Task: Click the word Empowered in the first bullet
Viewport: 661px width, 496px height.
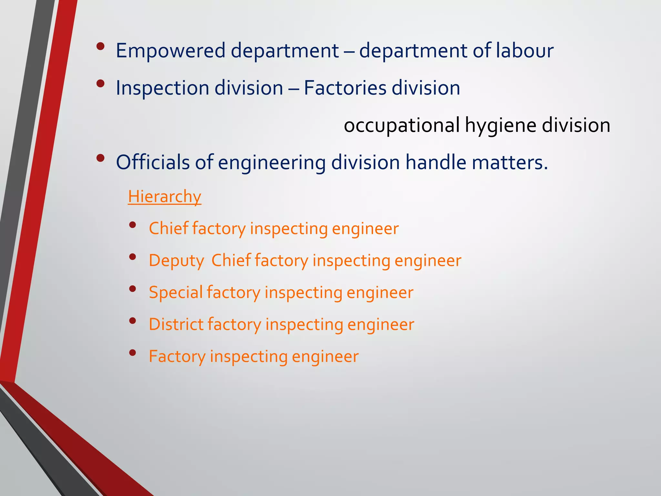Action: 170,51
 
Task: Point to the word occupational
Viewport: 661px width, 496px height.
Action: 402,126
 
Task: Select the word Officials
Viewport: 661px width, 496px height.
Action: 153,162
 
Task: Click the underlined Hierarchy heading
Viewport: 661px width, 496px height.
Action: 165,197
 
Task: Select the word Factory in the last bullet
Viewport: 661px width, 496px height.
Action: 177,356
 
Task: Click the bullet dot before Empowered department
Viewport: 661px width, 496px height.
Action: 100,46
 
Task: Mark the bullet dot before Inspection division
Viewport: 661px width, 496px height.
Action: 100,84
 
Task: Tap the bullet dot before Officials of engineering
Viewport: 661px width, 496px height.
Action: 100,158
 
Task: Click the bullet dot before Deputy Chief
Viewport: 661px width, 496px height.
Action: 132,257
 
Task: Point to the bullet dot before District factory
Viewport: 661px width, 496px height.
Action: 132,321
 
